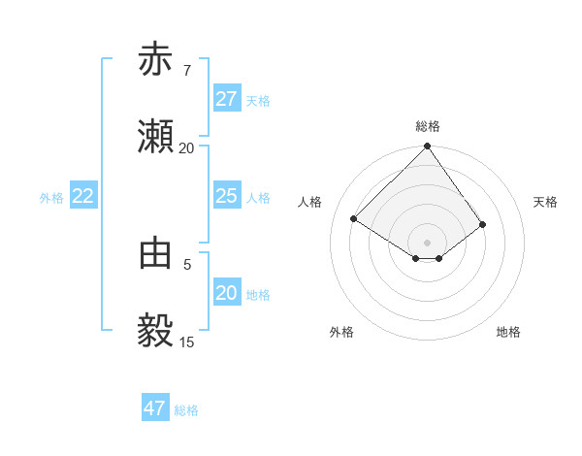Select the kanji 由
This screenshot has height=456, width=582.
coord(155,253)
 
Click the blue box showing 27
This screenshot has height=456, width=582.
coord(226,99)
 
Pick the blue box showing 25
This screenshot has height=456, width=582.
coord(226,196)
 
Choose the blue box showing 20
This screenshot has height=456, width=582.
coord(226,293)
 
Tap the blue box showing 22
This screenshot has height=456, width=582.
coord(82,196)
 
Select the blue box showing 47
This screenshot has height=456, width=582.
coord(155,407)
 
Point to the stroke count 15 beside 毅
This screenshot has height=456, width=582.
coord(186,342)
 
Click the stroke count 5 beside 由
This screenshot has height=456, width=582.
coord(187,263)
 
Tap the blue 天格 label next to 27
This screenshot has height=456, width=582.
coord(258,101)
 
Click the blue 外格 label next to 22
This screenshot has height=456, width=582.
coord(51,198)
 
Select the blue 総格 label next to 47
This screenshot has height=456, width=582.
coord(186,410)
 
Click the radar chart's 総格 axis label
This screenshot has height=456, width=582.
coord(428,126)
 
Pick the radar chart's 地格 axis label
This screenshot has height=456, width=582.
coord(508,332)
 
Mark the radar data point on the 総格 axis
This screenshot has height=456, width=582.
coord(428,147)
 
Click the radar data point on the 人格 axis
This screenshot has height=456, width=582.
coord(354,218)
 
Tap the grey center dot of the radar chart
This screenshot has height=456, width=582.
coord(428,242)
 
